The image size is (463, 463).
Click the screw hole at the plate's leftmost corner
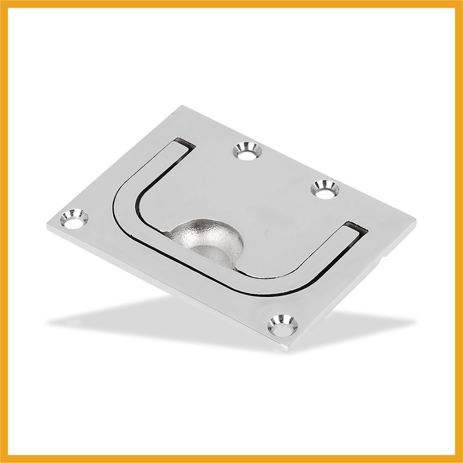point(75,219)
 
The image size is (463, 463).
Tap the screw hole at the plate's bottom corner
point(283,325)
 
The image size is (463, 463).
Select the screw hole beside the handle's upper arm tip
point(247,151)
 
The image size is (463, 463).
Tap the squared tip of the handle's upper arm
point(183,145)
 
